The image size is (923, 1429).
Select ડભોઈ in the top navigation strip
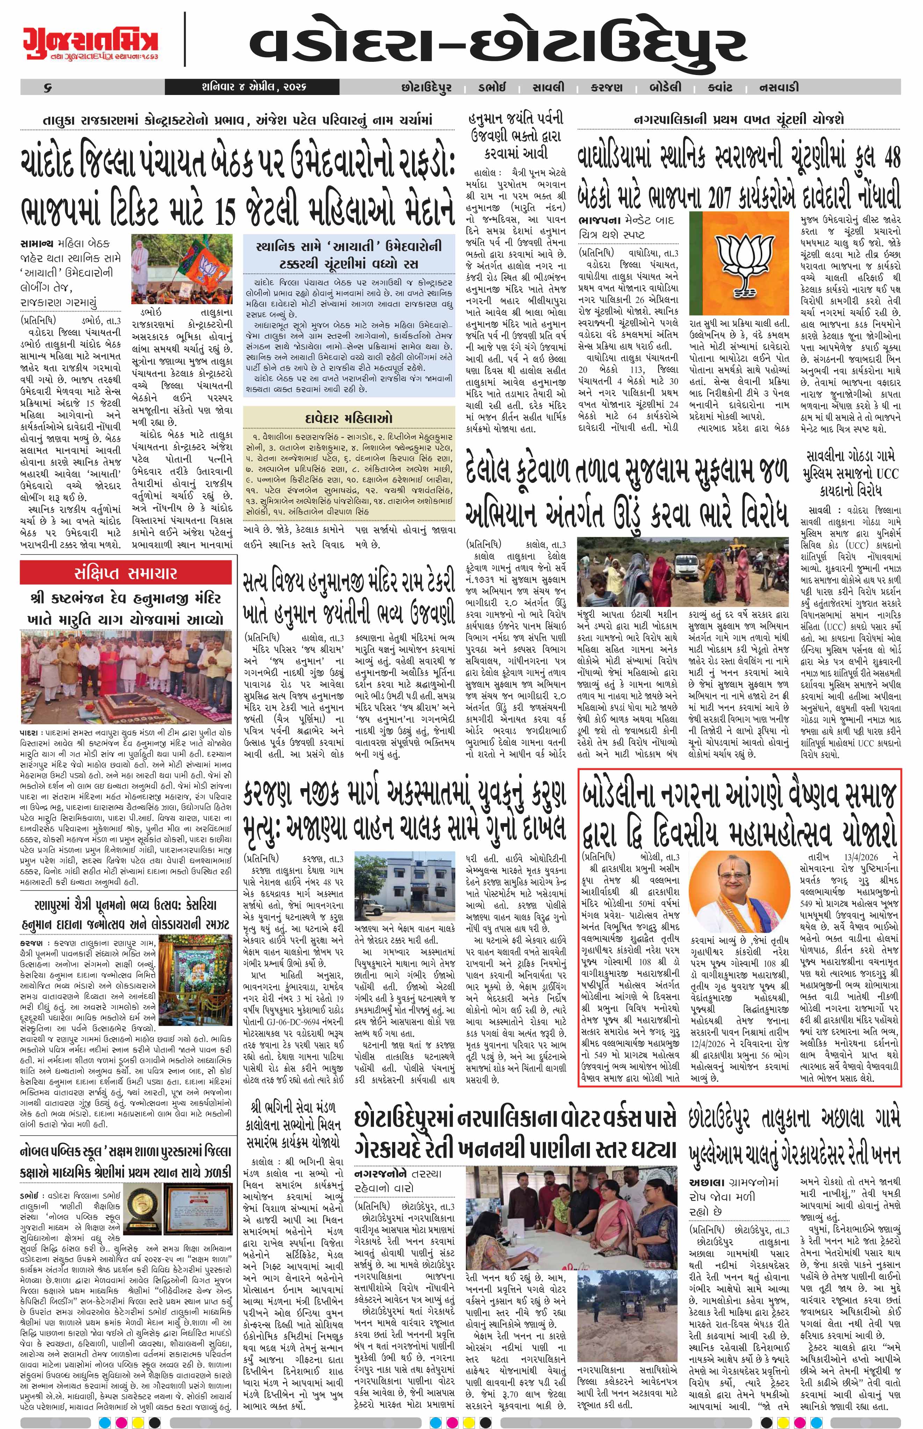[491, 87]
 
